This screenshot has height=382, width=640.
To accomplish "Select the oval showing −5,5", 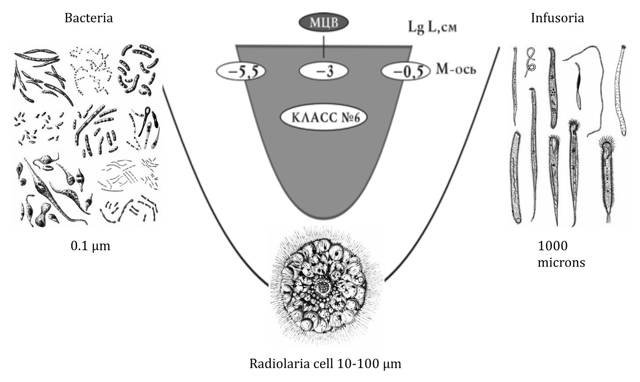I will click(241, 72).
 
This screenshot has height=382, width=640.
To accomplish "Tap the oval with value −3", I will click(324, 72).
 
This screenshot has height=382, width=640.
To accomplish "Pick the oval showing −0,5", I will click(405, 72).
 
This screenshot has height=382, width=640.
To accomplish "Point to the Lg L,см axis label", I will click(432, 27).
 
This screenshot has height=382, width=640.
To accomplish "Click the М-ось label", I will click(456, 70).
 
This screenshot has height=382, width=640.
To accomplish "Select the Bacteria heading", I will click(89, 18).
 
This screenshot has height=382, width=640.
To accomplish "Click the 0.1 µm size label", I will click(90, 246).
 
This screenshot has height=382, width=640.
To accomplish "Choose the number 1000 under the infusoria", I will click(552, 246).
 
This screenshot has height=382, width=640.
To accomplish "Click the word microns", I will click(561, 263).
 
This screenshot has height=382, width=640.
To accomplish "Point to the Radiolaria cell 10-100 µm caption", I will click(325, 364).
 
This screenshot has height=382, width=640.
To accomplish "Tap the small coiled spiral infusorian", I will click(530, 61).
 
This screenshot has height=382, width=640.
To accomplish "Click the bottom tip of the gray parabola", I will click(323, 218).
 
